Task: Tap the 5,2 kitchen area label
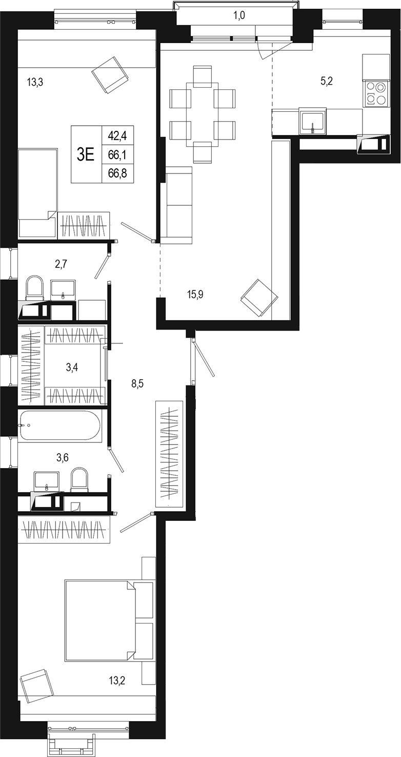[x=327, y=82]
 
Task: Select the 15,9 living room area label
[x=195, y=295]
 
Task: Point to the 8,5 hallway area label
[x=137, y=384]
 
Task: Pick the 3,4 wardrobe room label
[x=72, y=367]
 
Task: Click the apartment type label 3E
[x=85, y=155]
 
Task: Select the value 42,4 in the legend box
[x=117, y=136]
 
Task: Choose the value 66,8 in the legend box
[x=117, y=174]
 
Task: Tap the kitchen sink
[x=313, y=121]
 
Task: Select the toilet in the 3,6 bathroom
[x=79, y=479]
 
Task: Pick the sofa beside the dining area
[x=176, y=205]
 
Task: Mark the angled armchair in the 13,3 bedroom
[x=110, y=75]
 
